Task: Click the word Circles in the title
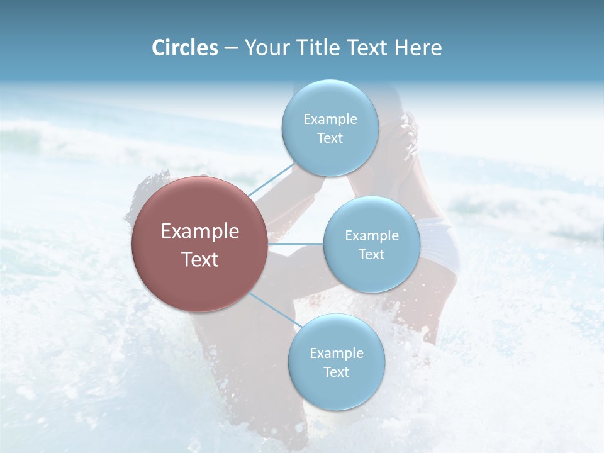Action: point(185,48)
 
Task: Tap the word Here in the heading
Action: point(418,48)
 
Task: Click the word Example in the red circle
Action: point(200,232)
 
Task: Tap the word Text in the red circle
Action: point(200,259)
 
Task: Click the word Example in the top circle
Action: point(330,119)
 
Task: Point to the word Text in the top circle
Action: point(330,138)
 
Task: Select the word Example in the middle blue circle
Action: point(371,235)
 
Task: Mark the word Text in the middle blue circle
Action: point(371,254)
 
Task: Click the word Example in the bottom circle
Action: point(336,353)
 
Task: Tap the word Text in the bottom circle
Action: point(336,372)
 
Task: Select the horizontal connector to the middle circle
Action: point(296,243)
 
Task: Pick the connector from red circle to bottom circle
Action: point(274,310)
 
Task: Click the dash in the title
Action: point(231,48)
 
